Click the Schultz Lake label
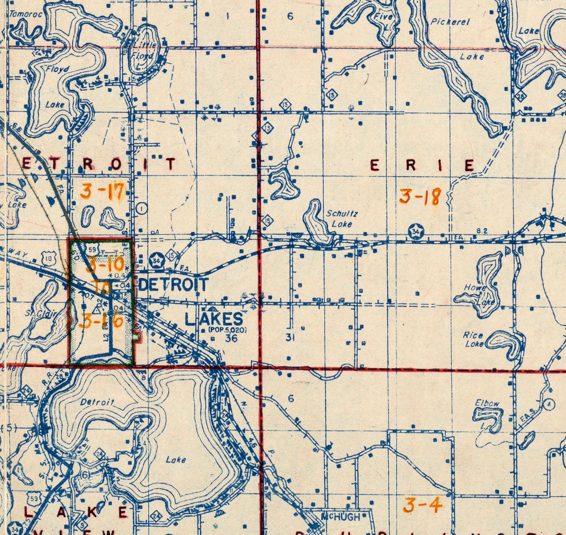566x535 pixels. pyautogui.click(x=342, y=218)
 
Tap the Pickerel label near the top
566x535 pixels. pyautogui.click(x=450, y=22)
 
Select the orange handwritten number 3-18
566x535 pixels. pyautogui.click(x=420, y=197)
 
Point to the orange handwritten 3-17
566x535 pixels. pyautogui.click(x=102, y=191)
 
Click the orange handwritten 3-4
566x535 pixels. pyautogui.click(x=423, y=505)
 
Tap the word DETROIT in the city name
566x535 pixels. pyautogui.click(x=174, y=285)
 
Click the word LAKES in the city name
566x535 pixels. pyautogui.click(x=214, y=319)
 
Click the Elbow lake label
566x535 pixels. pyautogui.click(x=487, y=403)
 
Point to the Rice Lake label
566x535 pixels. pyautogui.click(x=474, y=339)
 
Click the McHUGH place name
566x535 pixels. pyautogui.click(x=340, y=516)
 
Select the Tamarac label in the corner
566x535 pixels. pyautogui.click(x=26, y=14)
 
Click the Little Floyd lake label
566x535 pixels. pyautogui.click(x=144, y=50)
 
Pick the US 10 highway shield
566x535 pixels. pyautogui.click(x=48, y=257)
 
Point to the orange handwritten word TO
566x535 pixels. pyautogui.click(x=103, y=287)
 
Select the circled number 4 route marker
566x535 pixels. pyautogui.click(x=550, y=404)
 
